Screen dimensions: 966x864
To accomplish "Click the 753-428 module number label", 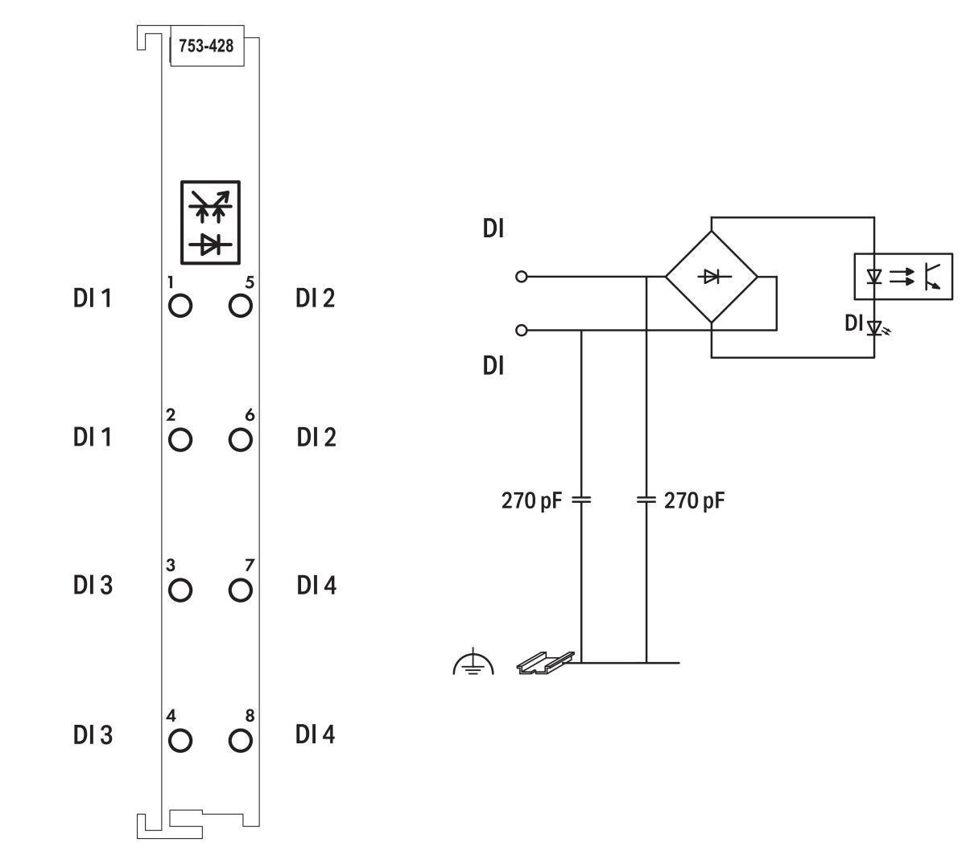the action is pos(206,46).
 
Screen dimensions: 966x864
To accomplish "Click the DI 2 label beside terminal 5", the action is pos(316,298).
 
